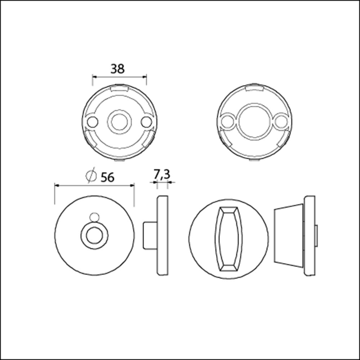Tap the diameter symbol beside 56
click(91, 176)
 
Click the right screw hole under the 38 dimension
click(146, 122)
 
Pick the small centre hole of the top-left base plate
click(119, 122)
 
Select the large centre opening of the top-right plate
click(255, 122)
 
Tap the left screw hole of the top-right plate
click(227, 122)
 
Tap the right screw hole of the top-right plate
click(282, 122)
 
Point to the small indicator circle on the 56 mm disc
click(94, 217)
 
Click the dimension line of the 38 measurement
click(119, 76)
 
